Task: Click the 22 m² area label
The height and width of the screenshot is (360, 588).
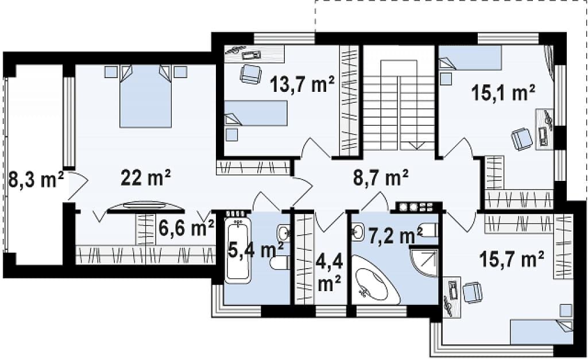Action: [145, 177]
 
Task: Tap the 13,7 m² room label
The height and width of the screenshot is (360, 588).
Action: [302, 84]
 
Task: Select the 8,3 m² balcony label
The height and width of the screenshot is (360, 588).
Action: [36, 180]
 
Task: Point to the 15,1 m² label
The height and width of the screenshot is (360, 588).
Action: [503, 92]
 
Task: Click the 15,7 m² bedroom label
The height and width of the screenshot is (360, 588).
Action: [512, 259]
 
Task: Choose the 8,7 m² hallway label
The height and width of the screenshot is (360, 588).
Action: [381, 177]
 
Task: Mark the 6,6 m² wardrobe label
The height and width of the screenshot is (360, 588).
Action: [186, 227]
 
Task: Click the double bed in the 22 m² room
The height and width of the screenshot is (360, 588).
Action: [145, 96]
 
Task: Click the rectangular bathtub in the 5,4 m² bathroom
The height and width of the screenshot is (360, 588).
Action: [238, 249]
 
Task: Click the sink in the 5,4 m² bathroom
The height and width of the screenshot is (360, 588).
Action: [284, 233]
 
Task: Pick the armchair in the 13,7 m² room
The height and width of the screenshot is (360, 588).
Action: [250, 73]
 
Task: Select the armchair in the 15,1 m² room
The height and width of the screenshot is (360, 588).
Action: [521, 140]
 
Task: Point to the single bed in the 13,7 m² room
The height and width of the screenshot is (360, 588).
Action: [256, 113]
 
